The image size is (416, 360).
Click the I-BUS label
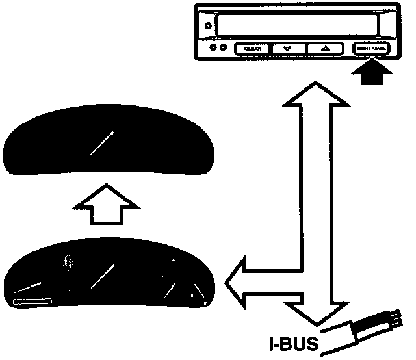[292, 342]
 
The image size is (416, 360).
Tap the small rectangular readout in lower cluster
[32, 302]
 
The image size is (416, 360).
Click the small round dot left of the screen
[207, 26]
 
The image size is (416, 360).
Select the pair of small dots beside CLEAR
[217, 49]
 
